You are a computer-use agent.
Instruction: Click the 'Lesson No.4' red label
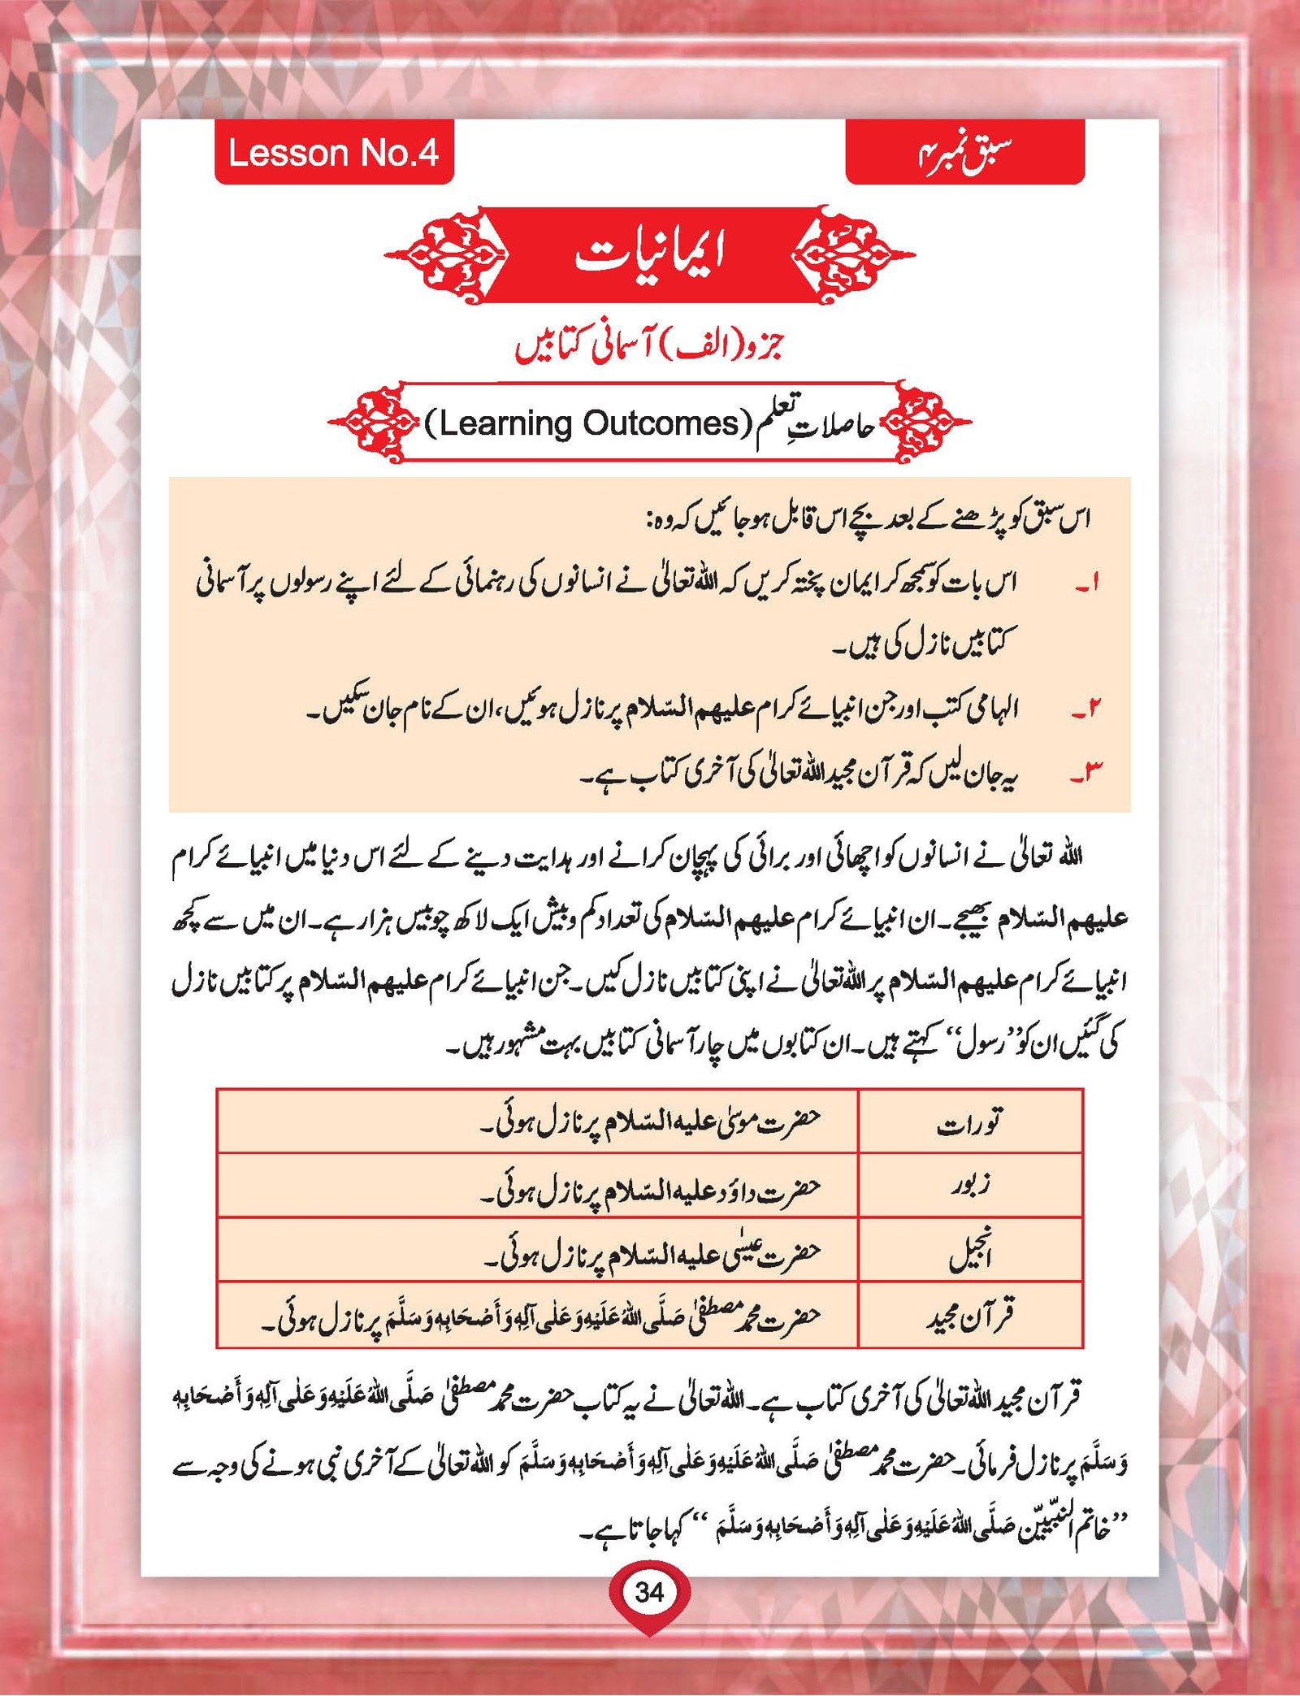(333, 153)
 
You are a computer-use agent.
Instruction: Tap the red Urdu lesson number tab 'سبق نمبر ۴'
(964, 153)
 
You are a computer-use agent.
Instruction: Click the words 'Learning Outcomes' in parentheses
(588, 423)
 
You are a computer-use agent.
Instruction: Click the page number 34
(649, 1592)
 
